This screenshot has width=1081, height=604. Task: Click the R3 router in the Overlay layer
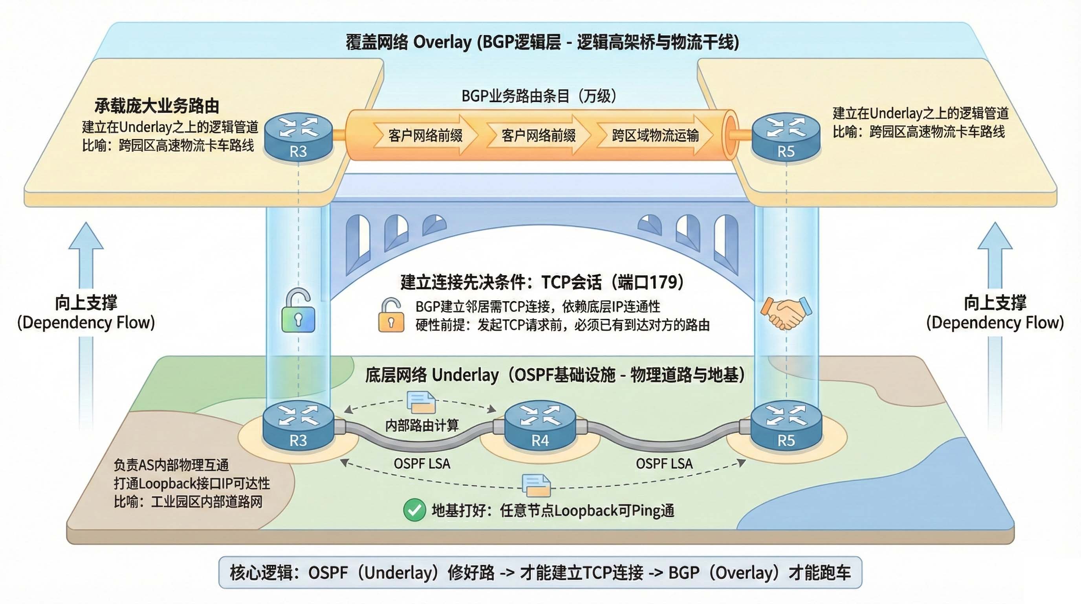click(299, 136)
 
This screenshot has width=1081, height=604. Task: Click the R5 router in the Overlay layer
click(786, 136)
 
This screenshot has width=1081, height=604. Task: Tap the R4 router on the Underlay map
click(540, 425)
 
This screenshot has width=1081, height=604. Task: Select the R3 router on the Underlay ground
click(299, 425)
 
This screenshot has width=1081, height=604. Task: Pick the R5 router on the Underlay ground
click(786, 425)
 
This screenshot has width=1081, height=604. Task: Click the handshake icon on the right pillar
click(786, 313)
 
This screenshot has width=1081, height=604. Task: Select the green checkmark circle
click(414, 510)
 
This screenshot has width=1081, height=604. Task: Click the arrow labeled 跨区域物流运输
click(655, 135)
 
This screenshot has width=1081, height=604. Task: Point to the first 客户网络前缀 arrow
click(425, 135)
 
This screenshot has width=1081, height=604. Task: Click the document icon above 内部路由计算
click(421, 402)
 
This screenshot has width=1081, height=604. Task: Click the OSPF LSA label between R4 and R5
click(664, 464)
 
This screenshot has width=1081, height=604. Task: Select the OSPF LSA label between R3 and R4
click(422, 464)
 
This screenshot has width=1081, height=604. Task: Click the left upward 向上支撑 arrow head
click(86, 238)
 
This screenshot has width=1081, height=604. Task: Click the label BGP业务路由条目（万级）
click(539, 96)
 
